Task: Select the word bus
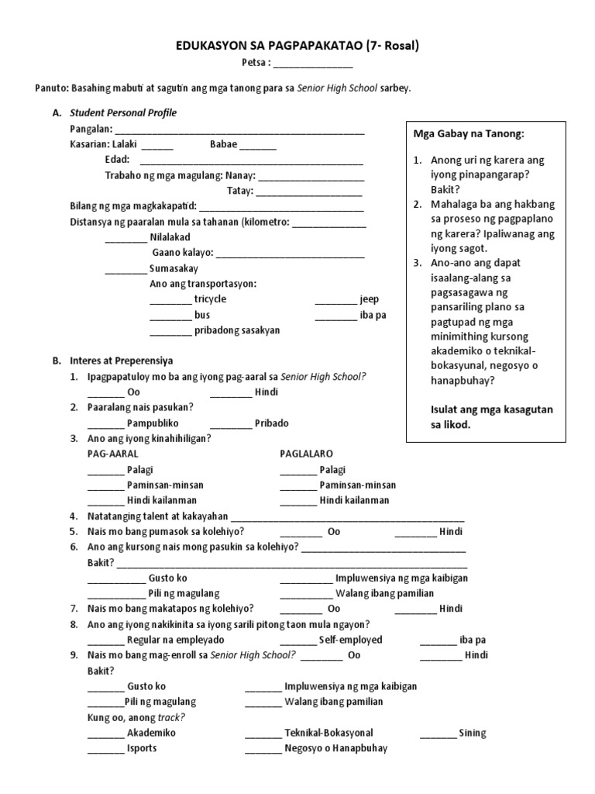[202, 315]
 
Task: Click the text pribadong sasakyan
[237, 330]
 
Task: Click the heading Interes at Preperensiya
[121, 361]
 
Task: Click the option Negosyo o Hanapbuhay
[336, 748]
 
